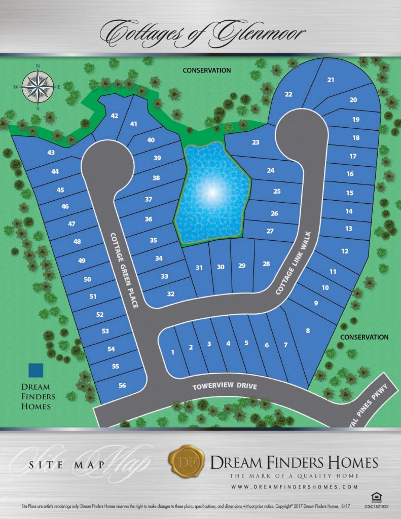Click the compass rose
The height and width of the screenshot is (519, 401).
39,87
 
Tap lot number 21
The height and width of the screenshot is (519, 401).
331,80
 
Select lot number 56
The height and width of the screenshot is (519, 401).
122,385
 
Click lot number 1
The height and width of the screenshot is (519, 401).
173,352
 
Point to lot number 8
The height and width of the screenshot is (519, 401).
307,331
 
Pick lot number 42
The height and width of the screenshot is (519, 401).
114,116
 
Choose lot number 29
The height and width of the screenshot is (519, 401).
241,266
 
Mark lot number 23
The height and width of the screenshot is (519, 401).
256,142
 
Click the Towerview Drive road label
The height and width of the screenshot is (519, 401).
225,387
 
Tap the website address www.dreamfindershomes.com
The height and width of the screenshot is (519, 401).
294,487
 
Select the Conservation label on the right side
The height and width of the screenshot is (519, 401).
364,337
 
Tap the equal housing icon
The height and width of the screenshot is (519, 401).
376,495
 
